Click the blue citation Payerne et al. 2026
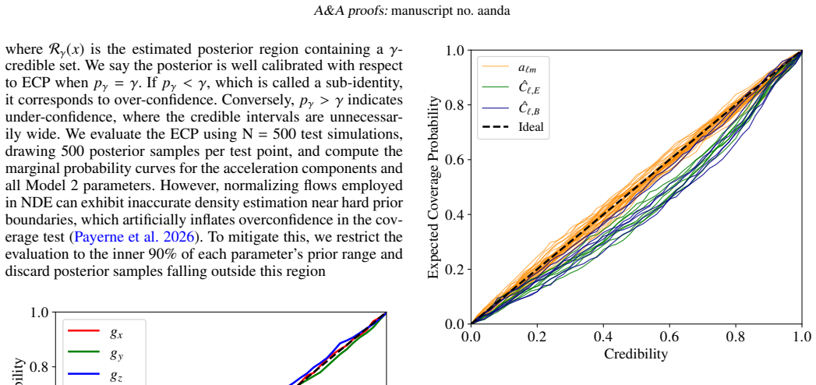pos(136,237)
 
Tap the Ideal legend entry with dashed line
pos(513,127)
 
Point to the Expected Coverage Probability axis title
pos(433,187)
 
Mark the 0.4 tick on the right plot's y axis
pos(455,214)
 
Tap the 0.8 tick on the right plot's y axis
pos(455,105)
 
